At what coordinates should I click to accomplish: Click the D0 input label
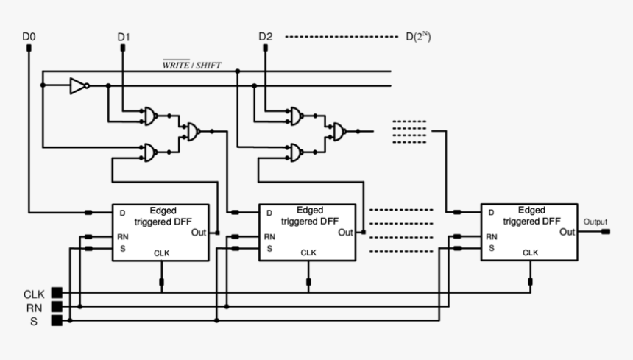(x=29, y=36)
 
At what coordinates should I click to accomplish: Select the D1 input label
(x=123, y=36)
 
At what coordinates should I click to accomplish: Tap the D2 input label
(x=265, y=36)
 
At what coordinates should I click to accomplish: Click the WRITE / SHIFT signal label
(x=191, y=65)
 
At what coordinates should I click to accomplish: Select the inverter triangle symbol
(x=78, y=86)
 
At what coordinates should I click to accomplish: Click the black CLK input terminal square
(x=57, y=293)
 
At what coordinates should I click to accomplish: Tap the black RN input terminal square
(x=57, y=306)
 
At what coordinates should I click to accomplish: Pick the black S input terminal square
(x=57, y=320)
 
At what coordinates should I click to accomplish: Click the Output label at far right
(x=595, y=222)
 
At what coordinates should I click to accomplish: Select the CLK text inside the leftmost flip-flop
(x=162, y=253)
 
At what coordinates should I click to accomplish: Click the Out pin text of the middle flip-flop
(x=346, y=233)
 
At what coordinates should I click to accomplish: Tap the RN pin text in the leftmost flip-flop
(x=122, y=237)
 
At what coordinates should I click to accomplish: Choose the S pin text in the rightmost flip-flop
(x=490, y=249)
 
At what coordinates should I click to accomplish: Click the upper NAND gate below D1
(x=150, y=116)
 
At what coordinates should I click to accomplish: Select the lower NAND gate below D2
(x=296, y=152)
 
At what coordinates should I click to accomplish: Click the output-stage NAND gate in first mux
(x=192, y=132)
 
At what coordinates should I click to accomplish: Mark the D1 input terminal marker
(x=123, y=49)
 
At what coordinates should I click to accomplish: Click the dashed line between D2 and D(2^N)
(x=341, y=36)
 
